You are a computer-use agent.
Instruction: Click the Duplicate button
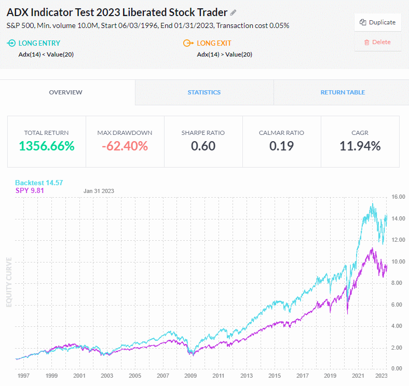(x=378, y=22)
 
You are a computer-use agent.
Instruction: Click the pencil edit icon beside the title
(x=234, y=12)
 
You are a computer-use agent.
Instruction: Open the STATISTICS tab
(x=204, y=92)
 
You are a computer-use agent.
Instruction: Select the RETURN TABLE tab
(x=342, y=92)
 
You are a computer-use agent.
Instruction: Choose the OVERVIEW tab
(x=65, y=92)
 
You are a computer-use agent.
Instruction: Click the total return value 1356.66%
(x=47, y=146)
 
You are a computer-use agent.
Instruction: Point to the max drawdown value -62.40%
(x=125, y=146)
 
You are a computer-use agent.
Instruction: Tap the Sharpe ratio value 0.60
(x=203, y=146)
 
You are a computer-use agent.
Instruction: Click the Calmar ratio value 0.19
(x=281, y=146)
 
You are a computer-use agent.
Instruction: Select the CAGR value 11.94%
(x=360, y=146)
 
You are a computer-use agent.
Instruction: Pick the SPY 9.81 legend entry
(x=29, y=191)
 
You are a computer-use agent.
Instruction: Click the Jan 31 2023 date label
(x=99, y=191)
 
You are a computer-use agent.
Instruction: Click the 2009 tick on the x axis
(x=191, y=376)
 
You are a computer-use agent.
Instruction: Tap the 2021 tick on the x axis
(x=358, y=376)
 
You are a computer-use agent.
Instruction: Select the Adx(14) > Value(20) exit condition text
(x=225, y=54)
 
